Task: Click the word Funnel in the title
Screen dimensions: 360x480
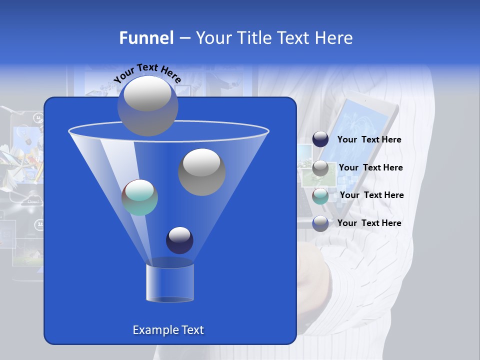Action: [x=146, y=38]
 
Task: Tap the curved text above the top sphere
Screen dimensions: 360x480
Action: [x=147, y=73]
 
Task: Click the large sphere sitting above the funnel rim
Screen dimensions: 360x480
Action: [x=147, y=105]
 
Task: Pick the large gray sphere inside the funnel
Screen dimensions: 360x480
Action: [x=201, y=172]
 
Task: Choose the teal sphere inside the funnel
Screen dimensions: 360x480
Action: [x=139, y=197]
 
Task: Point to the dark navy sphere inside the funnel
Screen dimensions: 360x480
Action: [x=179, y=240]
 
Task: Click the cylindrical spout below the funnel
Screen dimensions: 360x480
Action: [x=170, y=282]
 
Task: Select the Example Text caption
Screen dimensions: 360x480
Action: [x=168, y=330]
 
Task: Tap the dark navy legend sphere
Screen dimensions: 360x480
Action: [x=320, y=139]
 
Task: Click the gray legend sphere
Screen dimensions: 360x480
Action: [x=320, y=168]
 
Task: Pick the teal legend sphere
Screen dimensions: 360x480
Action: [x=320, y=196]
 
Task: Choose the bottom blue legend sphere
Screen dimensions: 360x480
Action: [x=320, y=223]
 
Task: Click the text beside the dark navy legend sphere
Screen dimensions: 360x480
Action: [x=369, y=140]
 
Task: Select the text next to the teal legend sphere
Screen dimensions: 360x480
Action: [x=371, y=195]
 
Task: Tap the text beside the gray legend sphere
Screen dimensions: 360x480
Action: [x=370, y=168]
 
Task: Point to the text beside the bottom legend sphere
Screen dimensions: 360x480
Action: [x=369, y=223]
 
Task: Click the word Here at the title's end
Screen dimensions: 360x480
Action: [x=334, y=38]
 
